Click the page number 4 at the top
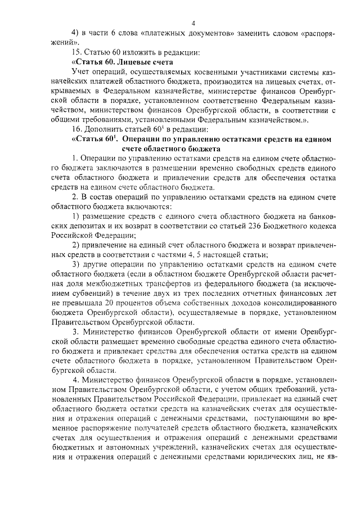coord(192,23)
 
